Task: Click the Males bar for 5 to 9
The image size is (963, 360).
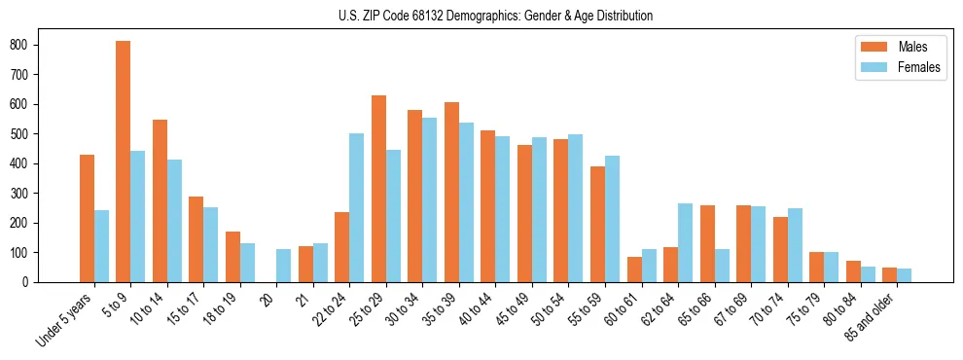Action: click(124, 162)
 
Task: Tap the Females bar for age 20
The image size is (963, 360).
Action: click(284, 266)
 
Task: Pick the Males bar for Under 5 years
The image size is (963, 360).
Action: click(87, 218)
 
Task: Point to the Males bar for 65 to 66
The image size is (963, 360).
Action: click(707, 243)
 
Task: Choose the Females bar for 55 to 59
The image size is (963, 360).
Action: click(612, 219)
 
